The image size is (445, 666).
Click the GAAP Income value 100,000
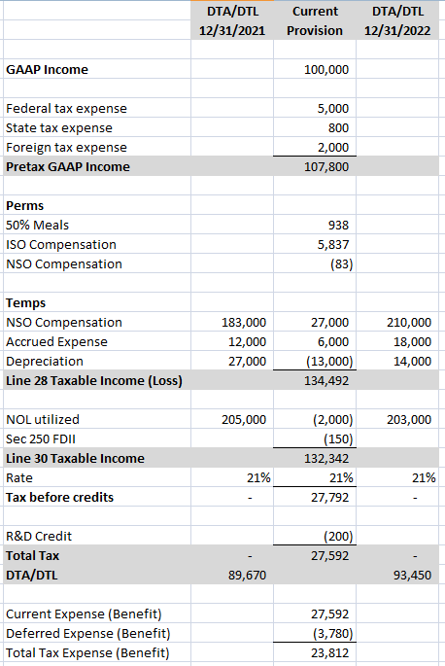pyautogui.click(x=328, y=70)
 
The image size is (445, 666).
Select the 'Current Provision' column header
pyautogui.click(x=315, y=21)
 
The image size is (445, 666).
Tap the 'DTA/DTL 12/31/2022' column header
pyautogui.click(x=397, y=21)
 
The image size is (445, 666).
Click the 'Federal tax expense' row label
pyautogui.click(x=66, y=109)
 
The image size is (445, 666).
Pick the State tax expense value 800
pyautogui.click(x=338, y=128)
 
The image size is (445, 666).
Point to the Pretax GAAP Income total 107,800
pyautogui.click(x=328, y=167)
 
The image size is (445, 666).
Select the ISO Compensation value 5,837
pyautogui.click(x=333, y=245)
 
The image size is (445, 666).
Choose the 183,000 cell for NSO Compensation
pyautogui.click(x=244, y=323)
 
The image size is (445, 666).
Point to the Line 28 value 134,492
pyautogui.click(x=328, y=381)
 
